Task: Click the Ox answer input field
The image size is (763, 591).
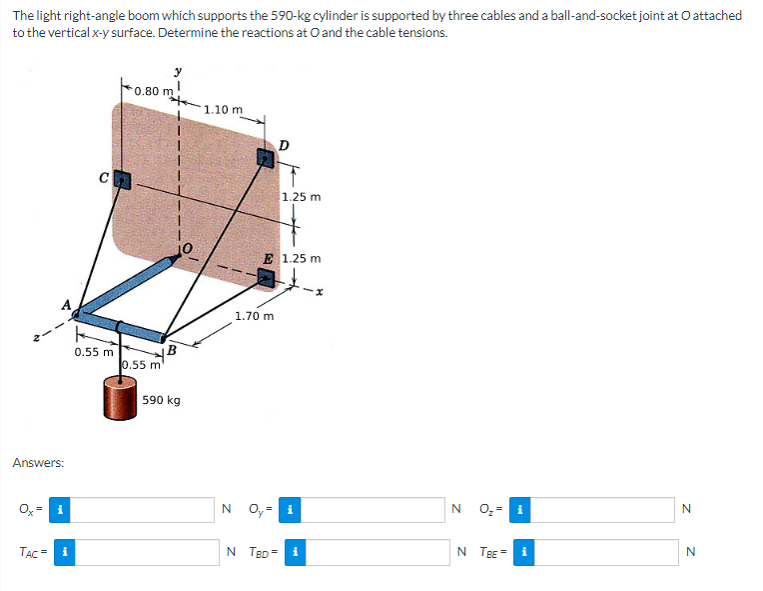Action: tap(144, 510)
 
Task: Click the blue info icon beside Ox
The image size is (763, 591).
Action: tap(60, 510)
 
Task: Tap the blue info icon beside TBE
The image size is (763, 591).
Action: tap(521, 551)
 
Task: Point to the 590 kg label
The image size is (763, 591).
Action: tap(161, 400)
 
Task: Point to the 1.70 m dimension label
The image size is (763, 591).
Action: tap(254, 316)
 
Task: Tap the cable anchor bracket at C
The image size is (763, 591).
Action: tap(123, 181)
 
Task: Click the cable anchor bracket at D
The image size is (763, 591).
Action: tap(266, 157)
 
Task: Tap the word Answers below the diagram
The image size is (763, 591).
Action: tap(38, 463)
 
